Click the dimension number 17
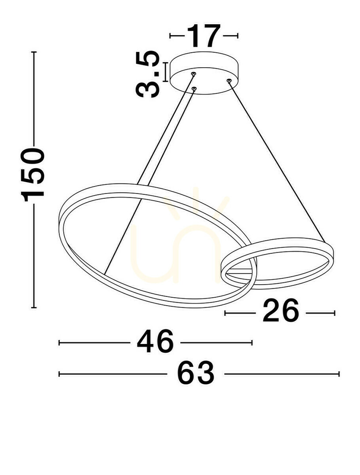204,36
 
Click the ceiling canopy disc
204,73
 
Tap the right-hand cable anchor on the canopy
229,80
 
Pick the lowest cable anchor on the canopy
194,89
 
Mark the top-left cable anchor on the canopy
193,73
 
